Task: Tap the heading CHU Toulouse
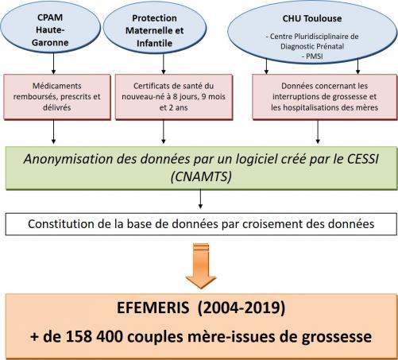pos(312,18)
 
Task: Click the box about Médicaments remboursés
pos(57,97)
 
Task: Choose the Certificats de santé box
pos(174,97)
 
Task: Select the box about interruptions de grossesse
pos(325,97)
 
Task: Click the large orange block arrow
pos(201,265)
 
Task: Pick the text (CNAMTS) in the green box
pos(201,176)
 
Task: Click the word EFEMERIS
pos(153,308)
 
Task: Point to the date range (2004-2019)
pos(242,308)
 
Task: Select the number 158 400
pos(95,337)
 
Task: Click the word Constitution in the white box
pos(61,224)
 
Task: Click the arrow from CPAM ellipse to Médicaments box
pos(54,64)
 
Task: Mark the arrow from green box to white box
pos(200,199)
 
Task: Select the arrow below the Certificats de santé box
pos(164,132)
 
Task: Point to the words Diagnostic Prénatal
pos(312,47)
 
